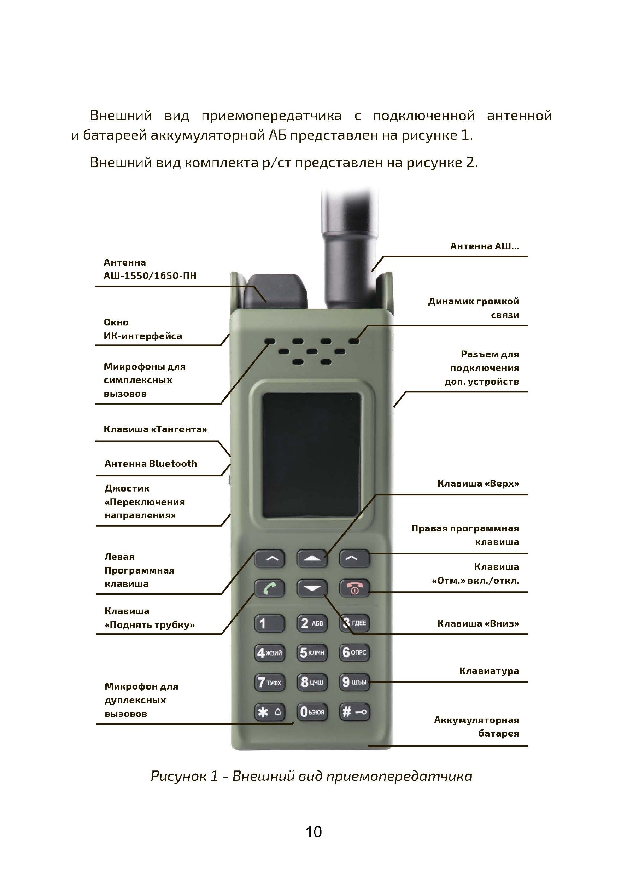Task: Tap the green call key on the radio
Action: point(269,588)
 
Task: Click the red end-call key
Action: point(354,588)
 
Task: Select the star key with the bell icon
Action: point(269,712)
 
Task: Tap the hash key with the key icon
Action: point(354,712)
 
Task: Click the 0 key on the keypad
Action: point(312,712)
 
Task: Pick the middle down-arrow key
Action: point(312,588)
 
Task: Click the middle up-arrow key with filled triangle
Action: point(312,558)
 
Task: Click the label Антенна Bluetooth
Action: point(151,464)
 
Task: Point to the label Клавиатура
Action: point(489,671)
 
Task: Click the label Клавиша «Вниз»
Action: point(478,623)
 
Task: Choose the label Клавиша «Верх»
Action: point(478,483)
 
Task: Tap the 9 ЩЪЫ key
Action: point(354,682)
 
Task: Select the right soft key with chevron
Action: point(354,558)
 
